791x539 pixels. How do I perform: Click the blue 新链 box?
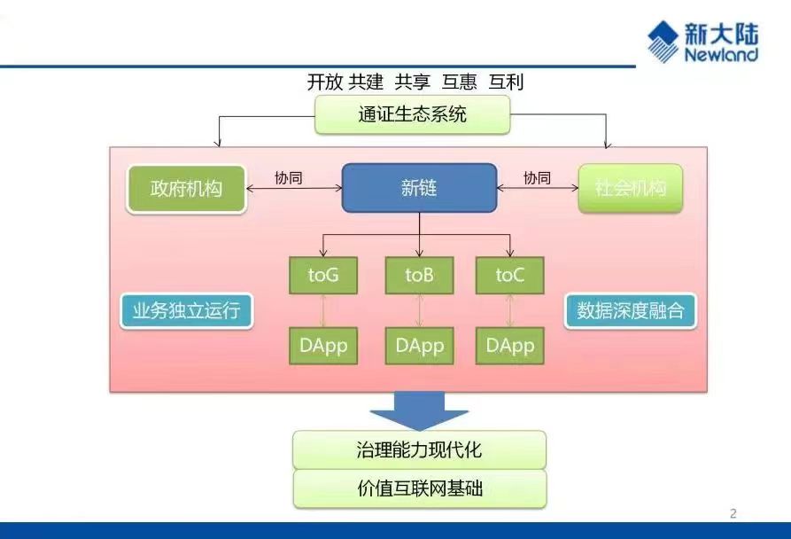coord(419,188)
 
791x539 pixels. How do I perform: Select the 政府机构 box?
coord(186,189)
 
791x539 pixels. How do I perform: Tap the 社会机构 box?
coord(631,188)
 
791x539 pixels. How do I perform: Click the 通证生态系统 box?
coord(412,114)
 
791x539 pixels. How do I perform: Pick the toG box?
coord(323,275)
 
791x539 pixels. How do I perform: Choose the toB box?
coord(419,275)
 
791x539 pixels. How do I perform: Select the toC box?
coord(510,275)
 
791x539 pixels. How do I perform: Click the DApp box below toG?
coord(323,346)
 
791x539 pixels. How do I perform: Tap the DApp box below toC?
coord(510,346)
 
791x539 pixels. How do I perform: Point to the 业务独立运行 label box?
coord(187,311)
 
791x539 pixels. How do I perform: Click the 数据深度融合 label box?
coord(630,311)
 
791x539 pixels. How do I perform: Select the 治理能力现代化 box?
coord(419,449)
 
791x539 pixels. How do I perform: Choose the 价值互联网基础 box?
coord(420,488)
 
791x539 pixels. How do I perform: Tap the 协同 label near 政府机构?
coord(289,177)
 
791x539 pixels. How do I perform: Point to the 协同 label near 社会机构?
coord(538,177)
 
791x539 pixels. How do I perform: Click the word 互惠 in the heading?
coord(459,82)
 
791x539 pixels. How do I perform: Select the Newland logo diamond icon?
coord(663,42)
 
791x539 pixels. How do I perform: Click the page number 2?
coord(733,514)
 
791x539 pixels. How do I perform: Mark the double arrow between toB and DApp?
coord(419,310)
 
